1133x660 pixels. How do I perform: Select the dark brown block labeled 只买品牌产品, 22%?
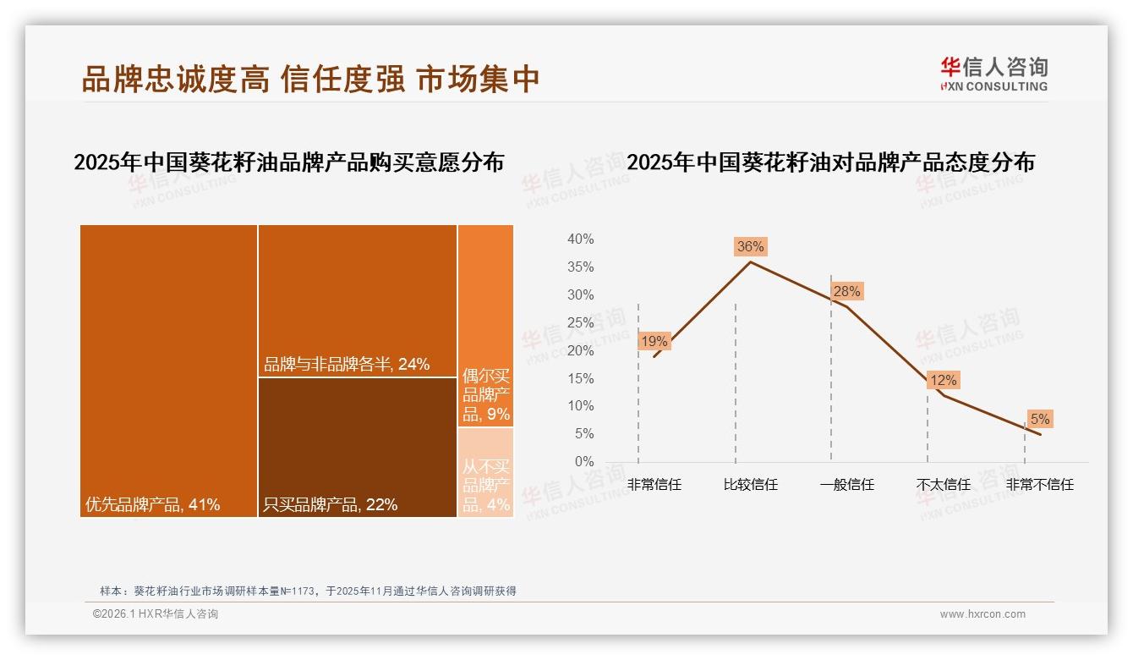tap(357, 447)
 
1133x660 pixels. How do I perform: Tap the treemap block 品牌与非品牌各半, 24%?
tap(357, 300)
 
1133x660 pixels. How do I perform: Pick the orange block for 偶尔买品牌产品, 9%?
tap(485, 326)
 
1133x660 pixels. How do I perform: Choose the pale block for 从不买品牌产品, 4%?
tap(485, 472)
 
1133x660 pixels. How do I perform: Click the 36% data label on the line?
tap(750, 247)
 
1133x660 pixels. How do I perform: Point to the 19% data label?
tap(654, 342)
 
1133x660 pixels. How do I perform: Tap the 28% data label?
tap(846, 292)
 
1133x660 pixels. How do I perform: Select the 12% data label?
tap(943, 381)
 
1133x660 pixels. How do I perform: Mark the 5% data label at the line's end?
tap(1039, 420)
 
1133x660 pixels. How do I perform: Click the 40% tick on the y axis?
tap(580, 239)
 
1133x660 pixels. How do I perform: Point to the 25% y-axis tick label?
tap(580, 322)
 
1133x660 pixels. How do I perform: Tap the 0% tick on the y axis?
tap(583, 462)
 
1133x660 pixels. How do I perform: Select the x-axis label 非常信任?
tap(654, 485)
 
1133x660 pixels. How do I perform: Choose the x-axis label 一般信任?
tap(846, 485)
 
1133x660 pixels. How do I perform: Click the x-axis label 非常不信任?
tap(1039, 485)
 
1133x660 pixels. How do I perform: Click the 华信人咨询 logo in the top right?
tap(993, 74)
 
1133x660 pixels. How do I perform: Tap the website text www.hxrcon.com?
tap(982, 614)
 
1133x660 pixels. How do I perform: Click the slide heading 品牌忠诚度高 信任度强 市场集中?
tap(310, 79)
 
